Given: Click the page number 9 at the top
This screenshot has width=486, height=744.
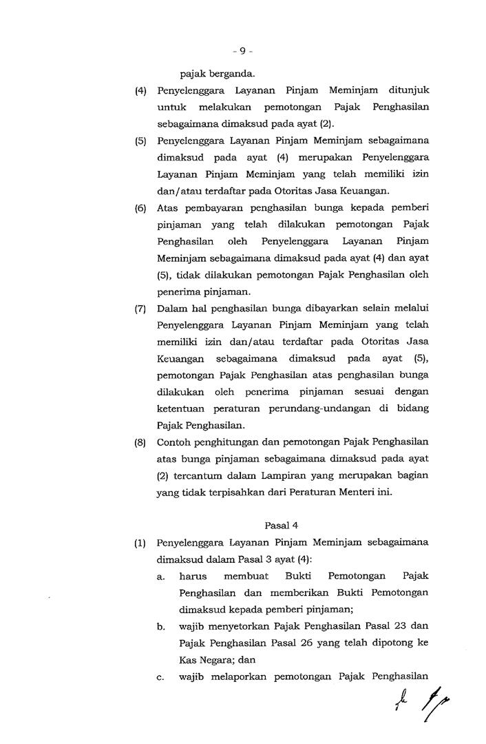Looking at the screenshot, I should [242, 50].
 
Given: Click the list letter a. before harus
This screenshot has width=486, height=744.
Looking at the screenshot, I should [160, 576].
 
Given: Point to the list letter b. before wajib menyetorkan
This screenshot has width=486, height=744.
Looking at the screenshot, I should [160, 626].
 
